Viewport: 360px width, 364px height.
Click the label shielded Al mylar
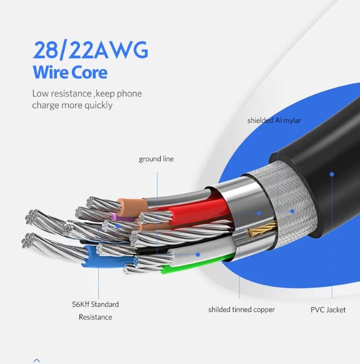pyautogui.click(x=274, y=121)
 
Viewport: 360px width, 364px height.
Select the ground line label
pyautogui.click(x=156, y=159)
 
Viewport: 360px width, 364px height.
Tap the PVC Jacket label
pyautogui.click(x=328, y=310)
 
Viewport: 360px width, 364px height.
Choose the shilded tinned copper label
pyautogui.click(x=242, y=310)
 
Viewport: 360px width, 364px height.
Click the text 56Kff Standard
pyautogui.click(x=95, y=304)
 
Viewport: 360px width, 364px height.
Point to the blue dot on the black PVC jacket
pyautogui.click(x=332, y=174)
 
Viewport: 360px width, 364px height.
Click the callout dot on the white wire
pyautogui.click(x=198, y=255)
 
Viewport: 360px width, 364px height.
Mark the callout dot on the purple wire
pyautogui.click(x=118, y=225)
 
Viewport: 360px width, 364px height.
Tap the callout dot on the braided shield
pyautogui.click(x=293, y=211)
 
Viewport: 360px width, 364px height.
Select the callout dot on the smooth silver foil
pyautogui.click(x=259, y=212)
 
